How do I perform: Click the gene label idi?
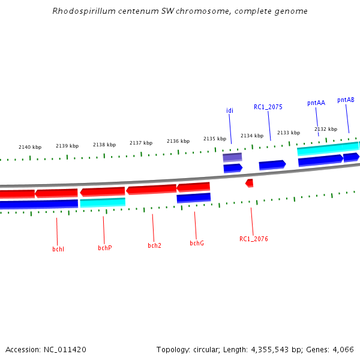(x=230, y=110)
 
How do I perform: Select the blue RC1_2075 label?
(x=268, y=107)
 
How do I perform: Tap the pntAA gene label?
(x=316, y=103)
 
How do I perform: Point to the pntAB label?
(x=346, y=100)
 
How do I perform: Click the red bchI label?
(x=58, y=248)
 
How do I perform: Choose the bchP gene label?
(x=105, y=247)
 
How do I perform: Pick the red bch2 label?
(x=154, y=245)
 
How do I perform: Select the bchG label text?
(x=197, y=243)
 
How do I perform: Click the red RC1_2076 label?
(x=253, y=239)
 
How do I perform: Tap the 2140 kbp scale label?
(x=30, y=147)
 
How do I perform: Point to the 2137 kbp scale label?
(x=141, y=143)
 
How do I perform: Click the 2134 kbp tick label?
(x=252, y=136)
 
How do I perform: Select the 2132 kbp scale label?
(x=326, y=129)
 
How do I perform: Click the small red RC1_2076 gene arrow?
(x=250, y=182)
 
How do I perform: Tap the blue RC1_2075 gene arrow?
(x=272, y=164)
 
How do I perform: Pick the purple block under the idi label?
(x=232, y=157)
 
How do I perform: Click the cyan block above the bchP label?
(x=103, y=202)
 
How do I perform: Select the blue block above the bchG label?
(x=193, y=197)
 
